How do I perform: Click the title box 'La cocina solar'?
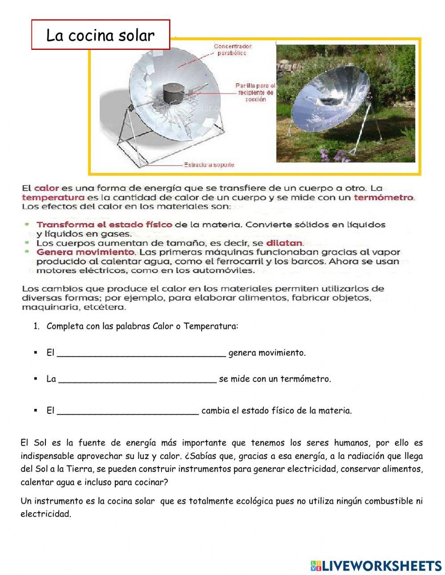pyautogui.click(x=101, y=35)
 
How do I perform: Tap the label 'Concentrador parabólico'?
pyautogui.click(x=232, y=49)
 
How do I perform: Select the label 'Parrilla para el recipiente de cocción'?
pyautogui.click(x=255, y=92)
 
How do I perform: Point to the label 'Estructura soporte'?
pyautogui.click(x=209, y=165)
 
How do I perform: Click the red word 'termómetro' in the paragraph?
pyautogui.click(x=384, y=197)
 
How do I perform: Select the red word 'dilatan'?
pyautogui.click(x=284, y=243)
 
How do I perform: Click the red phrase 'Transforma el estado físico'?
pyautogui.click(x=104, y=224)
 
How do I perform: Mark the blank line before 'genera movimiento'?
pyautogui.click(x=142, y=354)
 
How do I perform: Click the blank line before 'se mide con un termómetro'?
pyautogui.click(x=138, y=379)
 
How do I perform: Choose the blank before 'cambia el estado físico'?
pyautogui.click(x=128, y=411)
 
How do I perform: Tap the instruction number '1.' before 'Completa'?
pyautogui.click(x=36, y=326)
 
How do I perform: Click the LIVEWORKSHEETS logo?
pyautogui.click(x=376, y=566)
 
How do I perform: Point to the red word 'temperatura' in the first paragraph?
pyautogui.click(x=53, y=197)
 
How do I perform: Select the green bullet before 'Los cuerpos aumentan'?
pyautogui.click(x=28, y=243)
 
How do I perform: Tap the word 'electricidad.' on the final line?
pyautogui.click(x=46, y=514)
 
